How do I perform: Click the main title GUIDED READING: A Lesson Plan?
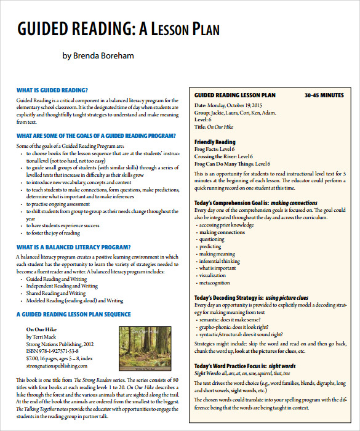118,29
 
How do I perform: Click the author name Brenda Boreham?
98,56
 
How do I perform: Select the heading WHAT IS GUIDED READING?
52,90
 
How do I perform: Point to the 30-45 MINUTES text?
324,95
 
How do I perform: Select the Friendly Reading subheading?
215,142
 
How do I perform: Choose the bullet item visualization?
213,276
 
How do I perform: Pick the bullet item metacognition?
215,283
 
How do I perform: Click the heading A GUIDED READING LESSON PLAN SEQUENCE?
73,313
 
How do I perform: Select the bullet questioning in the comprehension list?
212,240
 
